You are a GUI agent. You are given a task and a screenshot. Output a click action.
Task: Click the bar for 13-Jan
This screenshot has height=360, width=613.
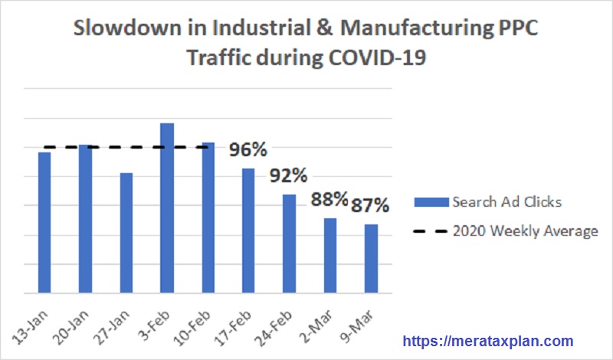click(44, 222)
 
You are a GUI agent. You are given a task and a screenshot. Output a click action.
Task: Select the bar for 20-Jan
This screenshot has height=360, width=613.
click(85, 218)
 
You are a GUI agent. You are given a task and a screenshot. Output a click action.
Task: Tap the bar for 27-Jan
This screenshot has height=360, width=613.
click(126, 233)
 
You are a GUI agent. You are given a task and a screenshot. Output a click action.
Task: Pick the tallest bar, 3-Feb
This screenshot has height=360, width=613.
click(167, 208)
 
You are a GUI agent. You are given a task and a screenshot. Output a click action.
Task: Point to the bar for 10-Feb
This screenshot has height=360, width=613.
click(208, 218)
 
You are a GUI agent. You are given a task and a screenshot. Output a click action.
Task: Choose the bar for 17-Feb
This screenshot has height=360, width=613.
click(248, 231)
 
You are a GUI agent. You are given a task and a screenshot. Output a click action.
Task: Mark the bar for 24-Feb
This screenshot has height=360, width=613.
click(289, 244)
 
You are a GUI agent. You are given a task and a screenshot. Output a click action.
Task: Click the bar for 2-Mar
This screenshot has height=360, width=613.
click(329, 256)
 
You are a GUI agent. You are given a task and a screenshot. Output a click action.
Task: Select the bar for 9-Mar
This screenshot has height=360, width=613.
click(370, 259)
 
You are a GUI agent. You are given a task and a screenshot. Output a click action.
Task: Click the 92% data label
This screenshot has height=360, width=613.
click(288, 175)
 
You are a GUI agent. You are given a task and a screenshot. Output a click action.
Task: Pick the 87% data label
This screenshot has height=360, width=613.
click(371, 205)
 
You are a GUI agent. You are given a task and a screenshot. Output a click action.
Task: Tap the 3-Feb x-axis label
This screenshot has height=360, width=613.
click(159, 319)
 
